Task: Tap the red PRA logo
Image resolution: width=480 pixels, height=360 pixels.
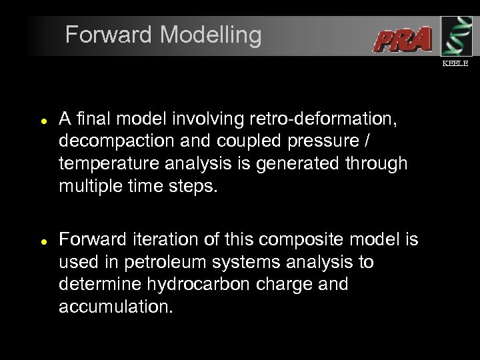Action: click(402, 39)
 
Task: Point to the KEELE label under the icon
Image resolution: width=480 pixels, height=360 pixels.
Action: click(456, 63)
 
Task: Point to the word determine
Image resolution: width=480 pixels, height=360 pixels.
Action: click(99, 285)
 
